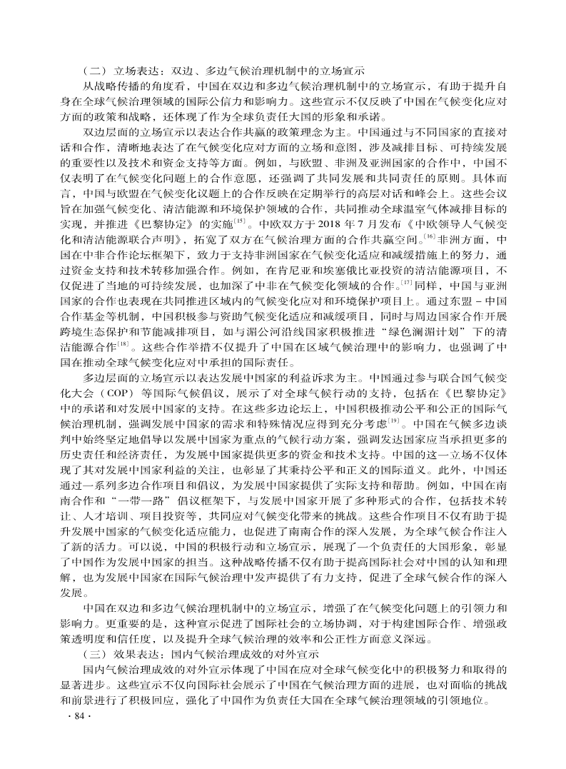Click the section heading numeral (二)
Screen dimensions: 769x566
(x=95, y=71)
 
